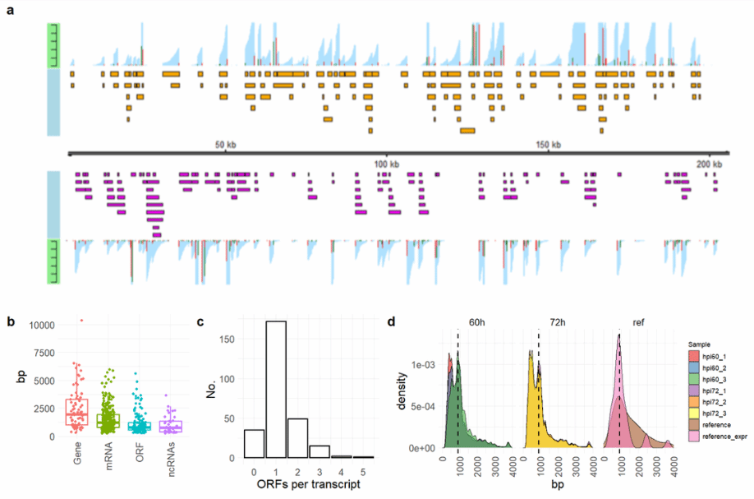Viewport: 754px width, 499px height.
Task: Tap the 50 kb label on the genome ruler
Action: click(x=226, y=145)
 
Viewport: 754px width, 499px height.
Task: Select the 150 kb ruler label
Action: click(x=549, y=145)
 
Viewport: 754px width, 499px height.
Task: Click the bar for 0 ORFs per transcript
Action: click(x=255, y=443)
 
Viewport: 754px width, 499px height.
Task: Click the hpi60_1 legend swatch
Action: click(x=692, y=353)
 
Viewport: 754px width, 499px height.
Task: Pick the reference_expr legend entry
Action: click(x=724, y=432)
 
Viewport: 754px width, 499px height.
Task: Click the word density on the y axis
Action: click(x=402, y=392)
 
